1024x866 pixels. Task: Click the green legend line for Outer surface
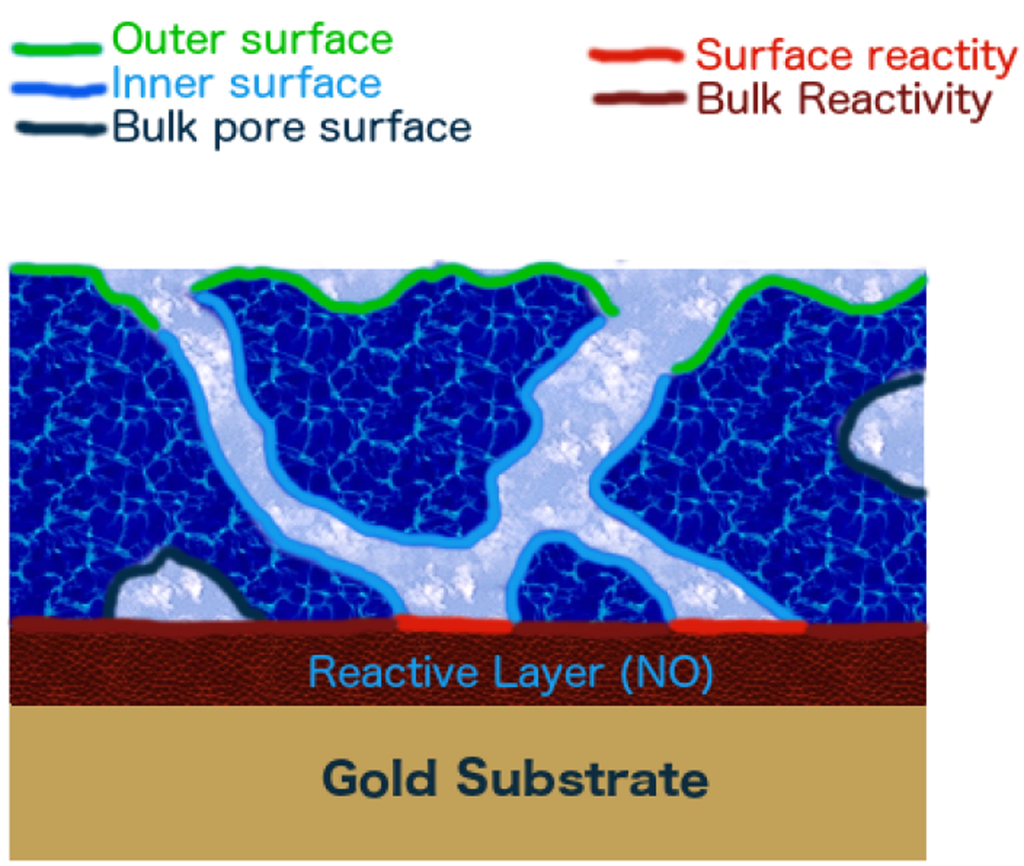click(x=57, y=49)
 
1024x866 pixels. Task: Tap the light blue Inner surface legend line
click(x=58, y=89)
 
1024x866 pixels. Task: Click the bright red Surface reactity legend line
click(x=636, y=56)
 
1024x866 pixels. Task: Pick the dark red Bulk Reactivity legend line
click(x=639, y=98)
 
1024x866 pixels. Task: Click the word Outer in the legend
click(x=169, y=39)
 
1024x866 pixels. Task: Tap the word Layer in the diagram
click(x=549, y=675)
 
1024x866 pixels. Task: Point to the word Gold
click(x=379, y=779)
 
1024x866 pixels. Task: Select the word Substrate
click(x=582, y=779)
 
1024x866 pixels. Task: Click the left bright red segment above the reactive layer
click(x=454, y=624)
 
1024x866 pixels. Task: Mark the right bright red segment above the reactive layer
click(x=739, y=626)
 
